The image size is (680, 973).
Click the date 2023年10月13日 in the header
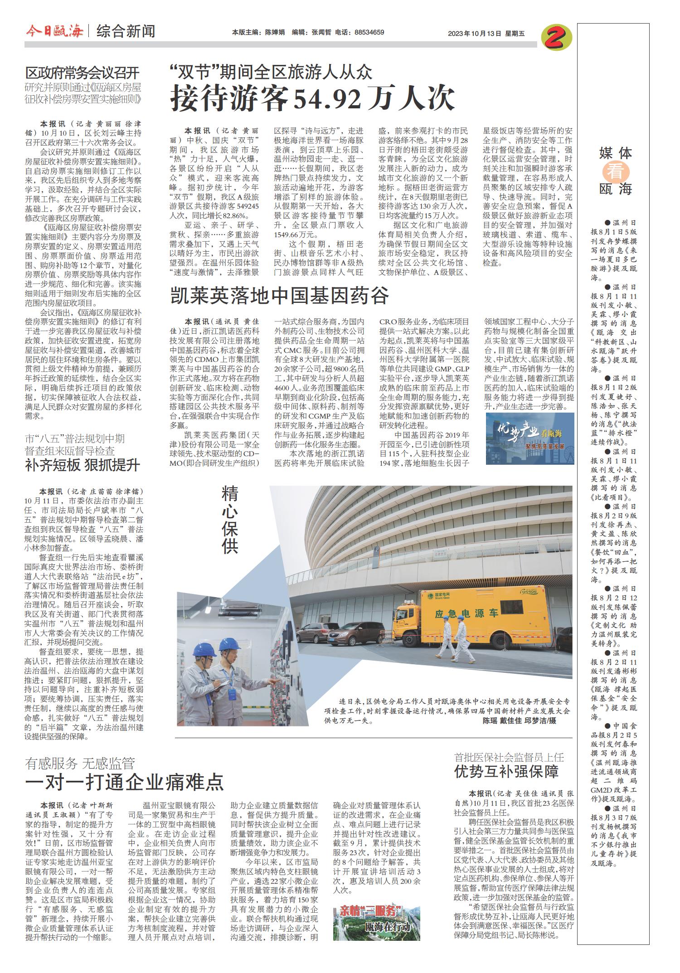coord(475,33)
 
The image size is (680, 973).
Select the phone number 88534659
coord(369,33)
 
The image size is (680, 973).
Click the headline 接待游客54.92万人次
coord(312,99)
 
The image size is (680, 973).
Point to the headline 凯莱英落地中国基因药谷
coord(279,295)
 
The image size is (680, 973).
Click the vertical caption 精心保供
coord(230,520)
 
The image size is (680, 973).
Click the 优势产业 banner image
coord(529,438)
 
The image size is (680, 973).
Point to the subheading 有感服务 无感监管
coord(80,764)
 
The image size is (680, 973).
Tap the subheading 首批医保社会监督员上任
coord(509,757)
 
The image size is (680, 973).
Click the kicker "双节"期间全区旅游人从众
coord(271,73)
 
